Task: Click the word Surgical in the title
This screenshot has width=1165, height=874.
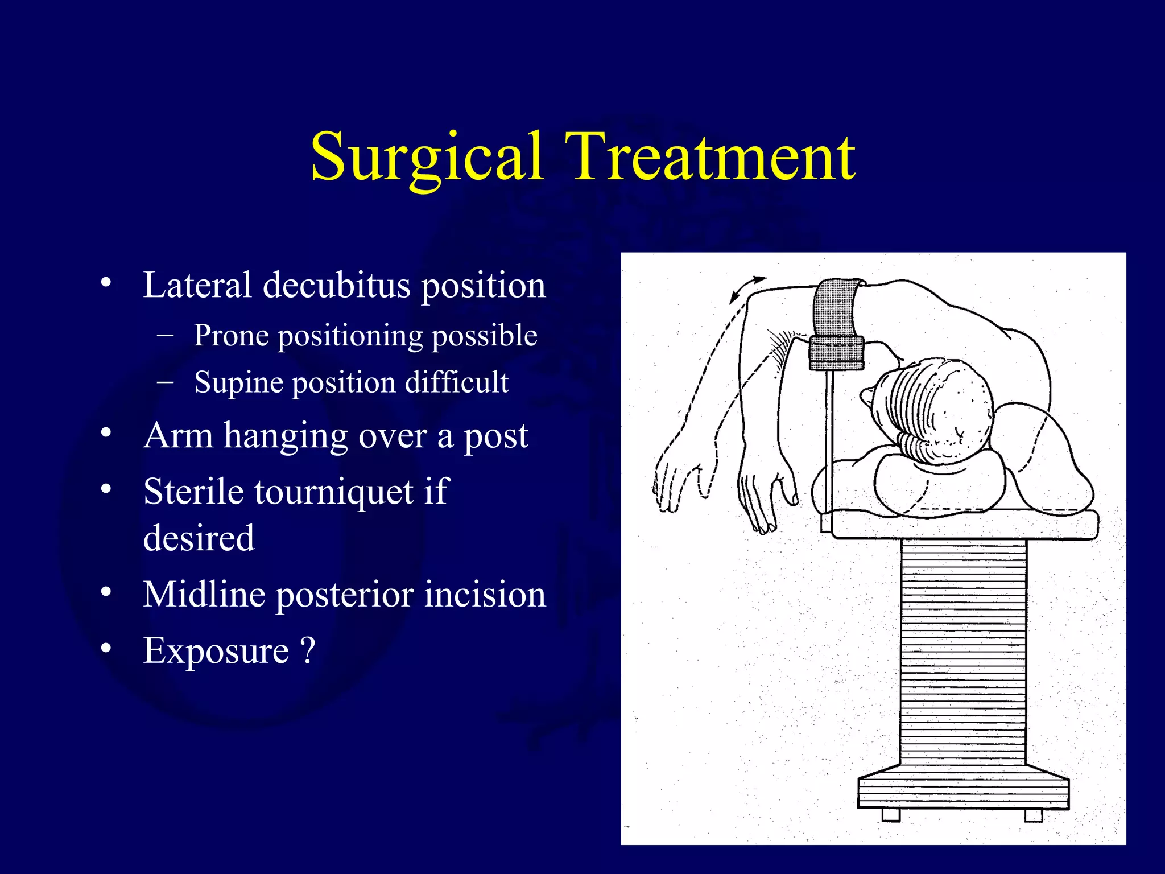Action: click(426, 156)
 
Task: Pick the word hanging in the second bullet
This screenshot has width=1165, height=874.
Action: click(285, 436)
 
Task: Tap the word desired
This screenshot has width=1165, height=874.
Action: click(199, 538)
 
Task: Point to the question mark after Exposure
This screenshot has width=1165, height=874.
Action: click(307, 650)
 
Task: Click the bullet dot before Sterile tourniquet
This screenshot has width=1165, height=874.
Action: click(106, 489)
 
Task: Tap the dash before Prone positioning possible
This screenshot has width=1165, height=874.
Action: click(165, 335)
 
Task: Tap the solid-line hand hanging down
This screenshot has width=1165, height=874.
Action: click(765, 495)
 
